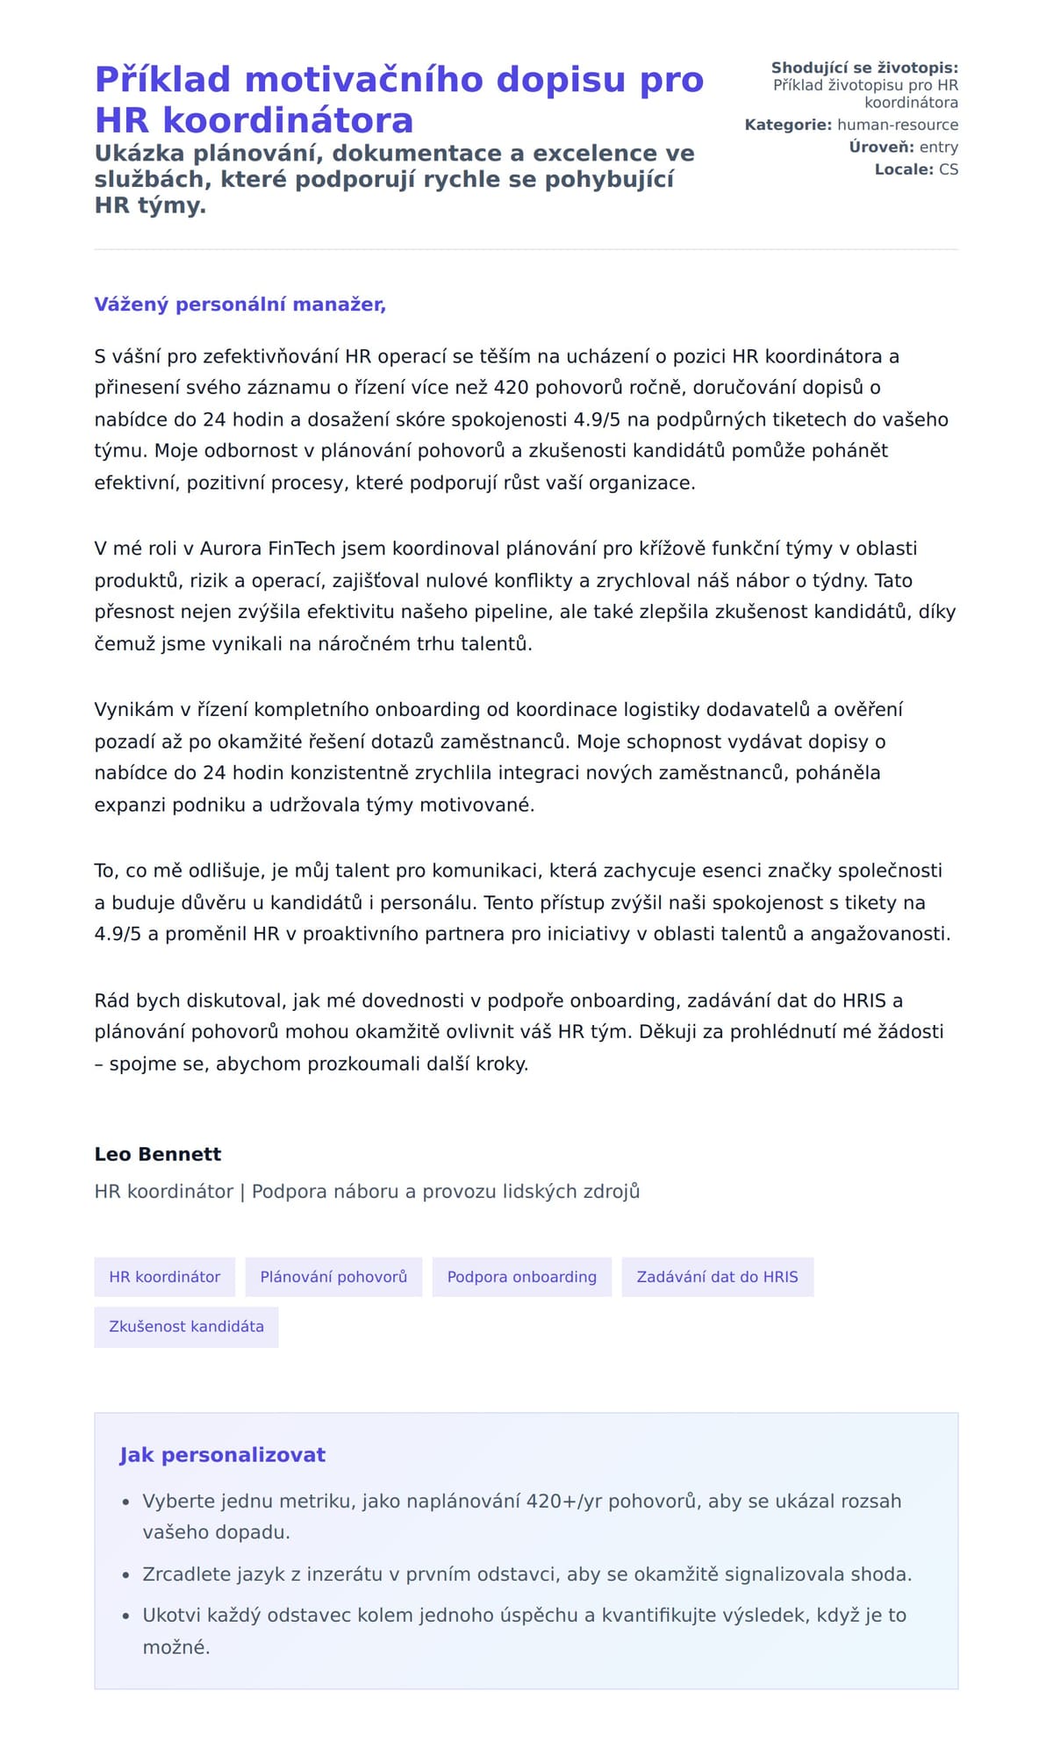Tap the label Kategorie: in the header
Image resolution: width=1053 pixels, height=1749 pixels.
[x=787, y=125]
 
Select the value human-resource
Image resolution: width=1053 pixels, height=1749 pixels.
[x=897, y=125]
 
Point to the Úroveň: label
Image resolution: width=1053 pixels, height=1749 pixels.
[x=881, y=147]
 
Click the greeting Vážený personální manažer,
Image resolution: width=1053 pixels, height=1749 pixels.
[x=240, y=305]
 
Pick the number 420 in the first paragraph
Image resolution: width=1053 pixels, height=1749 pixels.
[x=512, y=388]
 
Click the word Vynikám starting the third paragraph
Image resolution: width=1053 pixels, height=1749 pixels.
[x=134, y=710]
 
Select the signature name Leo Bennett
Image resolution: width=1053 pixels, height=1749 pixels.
[x=158, y=1154]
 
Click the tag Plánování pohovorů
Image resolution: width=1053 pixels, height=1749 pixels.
[x=333, y=1277]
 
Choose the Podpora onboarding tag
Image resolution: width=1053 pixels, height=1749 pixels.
[x=521, y=1277]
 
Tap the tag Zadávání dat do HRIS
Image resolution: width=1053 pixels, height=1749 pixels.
[x=717, y=1277]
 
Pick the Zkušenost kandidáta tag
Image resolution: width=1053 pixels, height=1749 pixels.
[x=186, y=1326]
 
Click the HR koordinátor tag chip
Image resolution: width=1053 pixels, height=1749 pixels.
[x=164, y=1277]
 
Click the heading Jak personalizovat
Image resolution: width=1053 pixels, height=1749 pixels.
[x=222, y=1455]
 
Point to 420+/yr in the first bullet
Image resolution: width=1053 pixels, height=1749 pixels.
[x=564, y=1502]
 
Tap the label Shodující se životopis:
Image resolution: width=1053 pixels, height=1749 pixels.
[x=864, y=68]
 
